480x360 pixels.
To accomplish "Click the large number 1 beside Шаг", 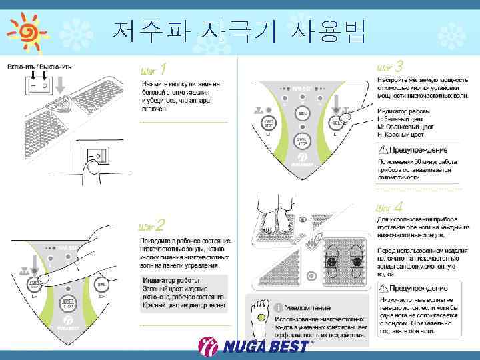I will [163, 69].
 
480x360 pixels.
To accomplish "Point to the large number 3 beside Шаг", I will [399, 67].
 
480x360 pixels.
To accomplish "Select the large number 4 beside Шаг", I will [398, 208].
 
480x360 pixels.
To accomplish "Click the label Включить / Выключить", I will [39, 67].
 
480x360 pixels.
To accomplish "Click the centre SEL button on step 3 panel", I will [303, 114].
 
